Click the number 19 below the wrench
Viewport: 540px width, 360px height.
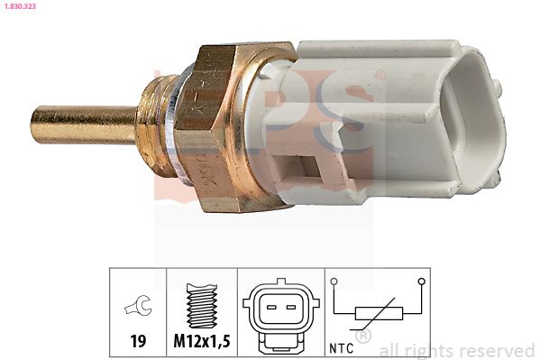[x=138, y=341]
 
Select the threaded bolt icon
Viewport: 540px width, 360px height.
[x=202, y=304]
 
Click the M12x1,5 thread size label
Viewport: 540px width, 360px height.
[x=202, y=341]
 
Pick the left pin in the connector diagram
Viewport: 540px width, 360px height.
[x=270, y=307]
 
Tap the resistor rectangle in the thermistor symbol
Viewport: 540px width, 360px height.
[x=377, y=314]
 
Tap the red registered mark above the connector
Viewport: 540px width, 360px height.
[x=380, y=74]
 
